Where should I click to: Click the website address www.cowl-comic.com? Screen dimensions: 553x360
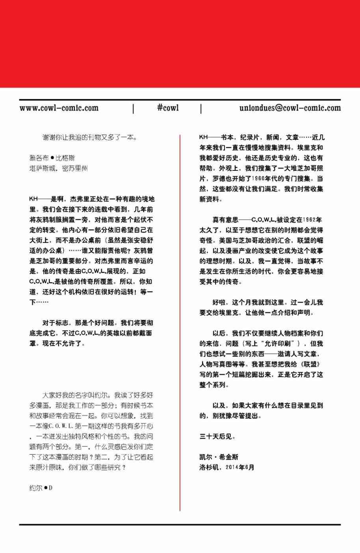pyautogui.click(x=59, y=108)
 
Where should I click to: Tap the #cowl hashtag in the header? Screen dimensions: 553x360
pyautogui.click(x=168, y=108)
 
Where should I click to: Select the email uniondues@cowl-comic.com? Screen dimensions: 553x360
pyautogui.click(x=290, y=108)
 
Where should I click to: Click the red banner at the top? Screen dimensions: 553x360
pyautogui.click(x=180, y=43)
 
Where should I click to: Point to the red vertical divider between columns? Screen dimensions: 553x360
pyautogui.click(x=180, y=323)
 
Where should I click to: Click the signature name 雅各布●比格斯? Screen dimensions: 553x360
pyautogui.click(x=52, y=158)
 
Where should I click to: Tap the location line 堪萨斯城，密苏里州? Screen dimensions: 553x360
pyautogui.click(x=58, y=168)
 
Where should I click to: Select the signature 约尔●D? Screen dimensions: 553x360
pyautogui.click(x=41, y=488)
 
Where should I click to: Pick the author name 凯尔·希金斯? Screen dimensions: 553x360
pyautogui.click(x=219, y=457)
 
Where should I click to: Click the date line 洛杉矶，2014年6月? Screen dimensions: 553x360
pyautogui.click(x=227, y=468)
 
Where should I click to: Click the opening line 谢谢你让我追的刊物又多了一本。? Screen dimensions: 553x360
pyautogui.click(x=90, y=137)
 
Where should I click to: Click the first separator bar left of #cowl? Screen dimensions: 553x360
pyautogui.click(x=133, y=109)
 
